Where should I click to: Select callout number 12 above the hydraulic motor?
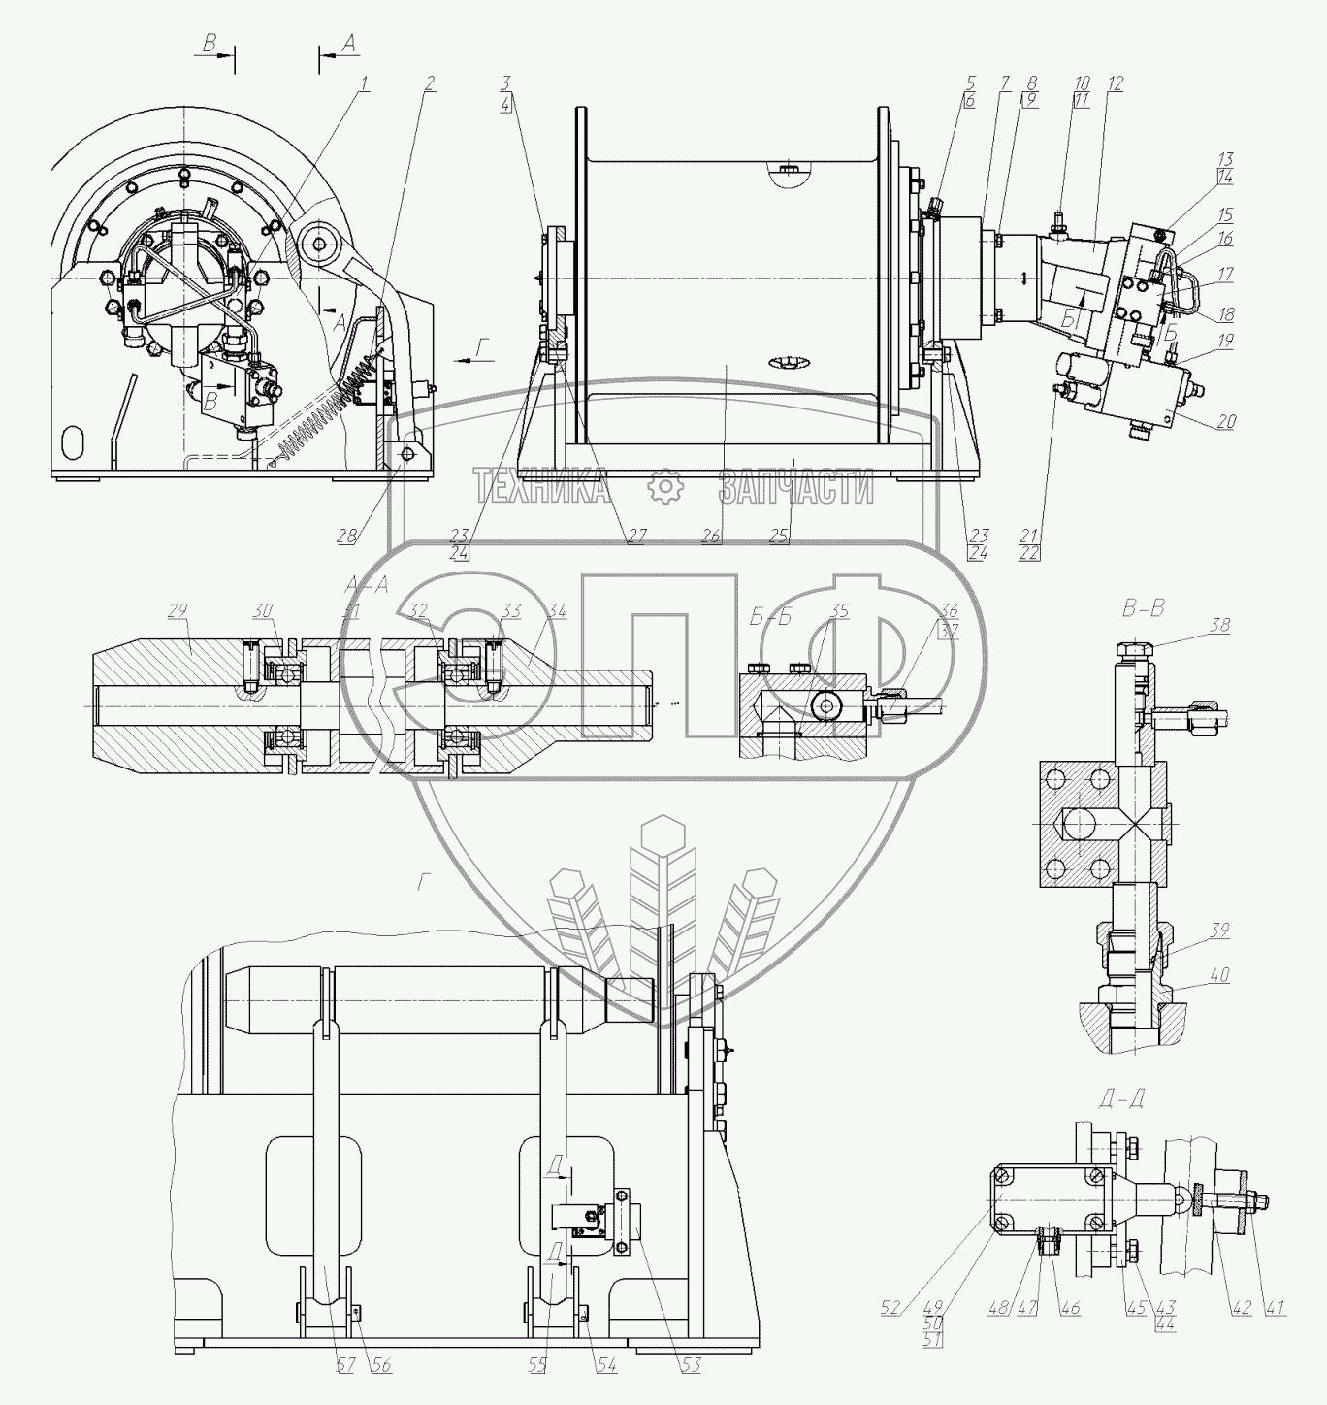tap(1116, 84)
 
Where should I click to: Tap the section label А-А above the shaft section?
tap(367, 584)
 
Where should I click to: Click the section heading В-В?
tap(1142, 609)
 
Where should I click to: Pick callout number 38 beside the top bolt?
tap(1219, 626)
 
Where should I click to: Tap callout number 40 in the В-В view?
tap(1219, 975)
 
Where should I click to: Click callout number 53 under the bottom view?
tap(690, 1365)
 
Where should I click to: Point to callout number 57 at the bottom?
tap(346, 1365)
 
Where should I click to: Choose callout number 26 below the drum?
tap(711, 535)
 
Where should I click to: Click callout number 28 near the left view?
tap(347, 535)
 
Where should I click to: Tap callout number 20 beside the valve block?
tap(1226, 422)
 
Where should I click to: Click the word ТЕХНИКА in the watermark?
tap(540, 486)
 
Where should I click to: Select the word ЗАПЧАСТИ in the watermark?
tap(795, 486)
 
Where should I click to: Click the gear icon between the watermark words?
tap(665, 486)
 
